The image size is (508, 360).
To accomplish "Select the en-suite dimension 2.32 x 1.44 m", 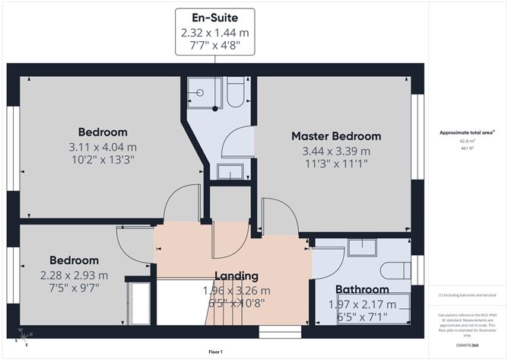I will (214, 33).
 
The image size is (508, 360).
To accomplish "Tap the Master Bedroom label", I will (336, 136).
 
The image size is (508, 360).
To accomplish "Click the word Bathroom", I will (362, 289).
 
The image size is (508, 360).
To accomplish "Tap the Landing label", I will (236, 276).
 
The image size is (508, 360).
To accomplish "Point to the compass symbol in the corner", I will (25, 336).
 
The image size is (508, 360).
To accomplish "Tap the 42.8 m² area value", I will (462, 141).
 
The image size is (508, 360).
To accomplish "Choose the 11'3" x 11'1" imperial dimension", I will (336, 163).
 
